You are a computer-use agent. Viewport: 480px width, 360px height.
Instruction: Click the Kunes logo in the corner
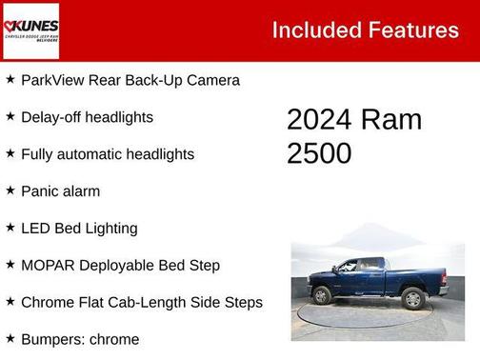pos(30,30)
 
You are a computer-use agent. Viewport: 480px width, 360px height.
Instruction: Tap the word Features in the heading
pos(411,30)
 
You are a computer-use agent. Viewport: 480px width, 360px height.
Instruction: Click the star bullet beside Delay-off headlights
pos(10,116)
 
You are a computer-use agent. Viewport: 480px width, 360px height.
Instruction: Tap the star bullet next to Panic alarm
pos(10,190)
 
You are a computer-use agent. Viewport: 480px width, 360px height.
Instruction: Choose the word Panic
pos(41,191)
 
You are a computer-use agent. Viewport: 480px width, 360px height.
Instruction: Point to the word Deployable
pos(119,266)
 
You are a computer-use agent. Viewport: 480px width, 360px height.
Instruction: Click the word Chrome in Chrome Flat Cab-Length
pos(47,303)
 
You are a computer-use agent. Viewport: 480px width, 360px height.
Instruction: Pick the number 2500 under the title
pos(319,153)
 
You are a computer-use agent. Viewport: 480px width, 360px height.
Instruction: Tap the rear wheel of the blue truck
pos(412,299)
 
